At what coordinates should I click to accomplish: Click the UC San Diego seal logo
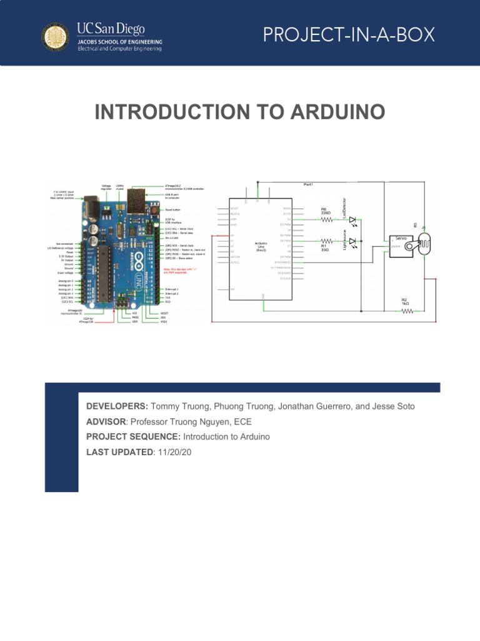coord(56,38)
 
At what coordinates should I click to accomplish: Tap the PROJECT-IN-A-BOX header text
coord(348,36)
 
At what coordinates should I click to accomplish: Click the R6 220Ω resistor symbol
coord(326,220)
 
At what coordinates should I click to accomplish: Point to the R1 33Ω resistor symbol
coord(326,240)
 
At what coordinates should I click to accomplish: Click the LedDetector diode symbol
coord(353,220)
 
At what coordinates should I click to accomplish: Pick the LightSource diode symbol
coord(353,240)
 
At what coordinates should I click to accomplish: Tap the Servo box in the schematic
coord(401,243)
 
